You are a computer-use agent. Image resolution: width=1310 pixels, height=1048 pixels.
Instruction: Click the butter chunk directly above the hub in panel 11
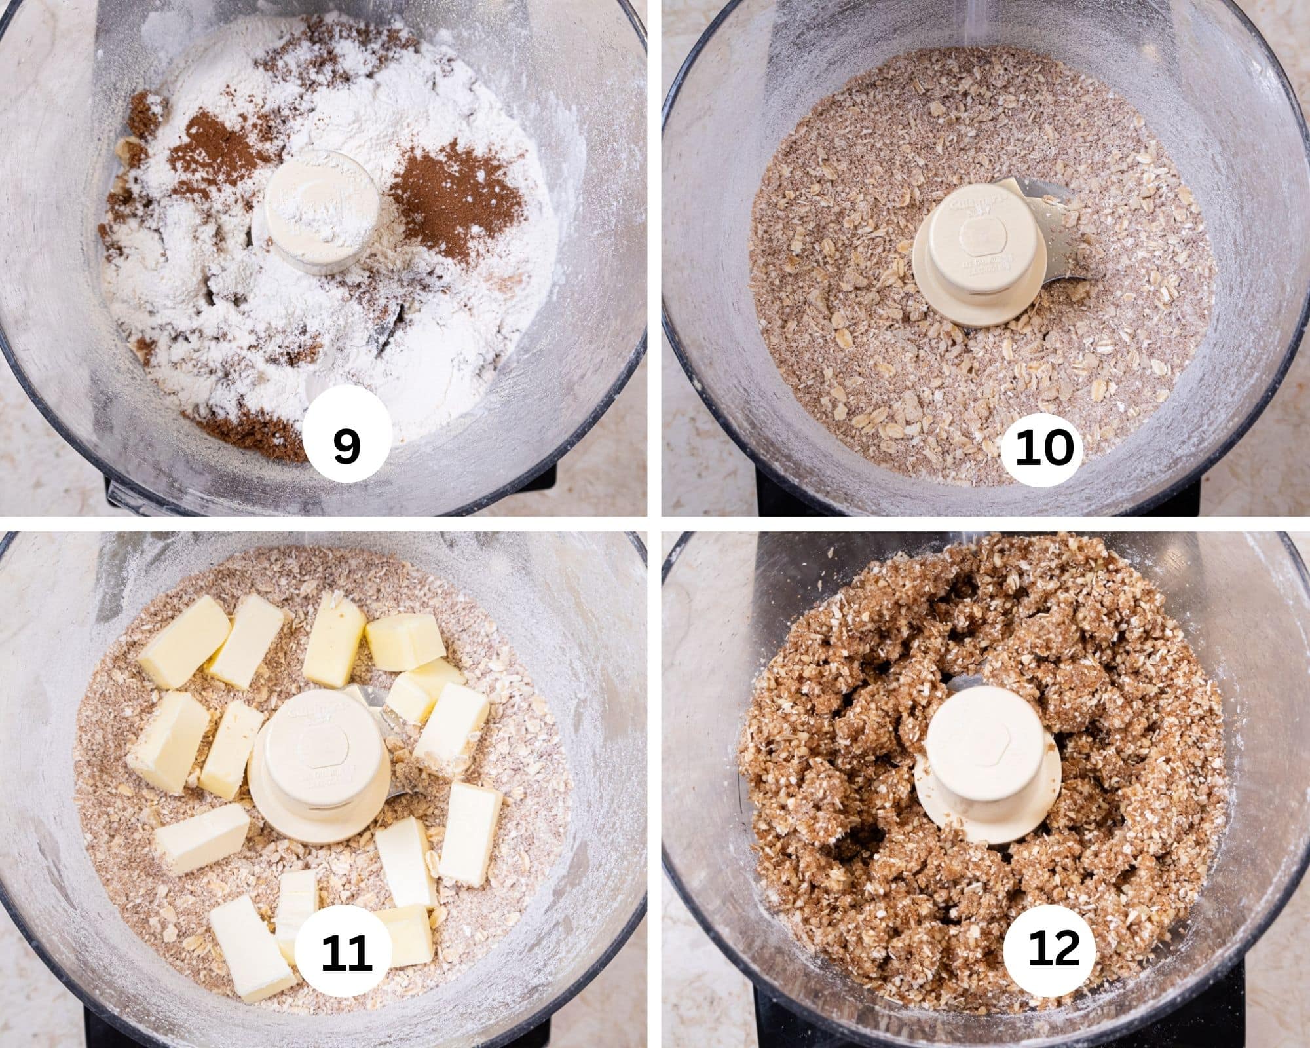tap(334, 639)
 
